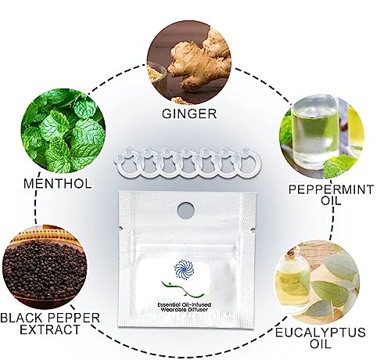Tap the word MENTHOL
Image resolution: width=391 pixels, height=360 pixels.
coord(60,185)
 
